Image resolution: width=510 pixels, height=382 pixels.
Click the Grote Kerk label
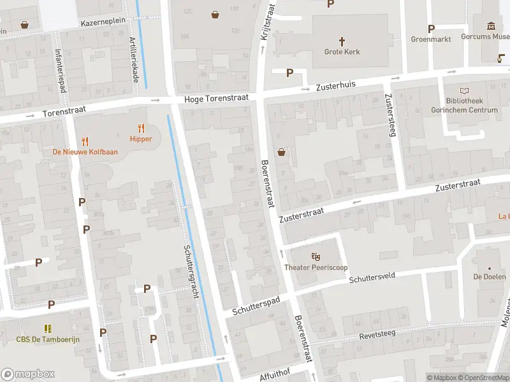[x=342, y=52]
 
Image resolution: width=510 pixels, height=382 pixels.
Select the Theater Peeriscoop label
[x=316, y=267]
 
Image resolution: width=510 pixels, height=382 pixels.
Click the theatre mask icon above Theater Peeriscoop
[x=316, y=257]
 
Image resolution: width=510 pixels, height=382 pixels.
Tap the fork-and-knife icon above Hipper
[x=141, y=128]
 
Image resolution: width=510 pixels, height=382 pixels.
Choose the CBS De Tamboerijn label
[x=48, y=339]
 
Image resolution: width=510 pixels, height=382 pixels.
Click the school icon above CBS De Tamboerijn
[x=48, y=329]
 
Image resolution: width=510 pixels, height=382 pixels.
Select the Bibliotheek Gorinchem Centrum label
[x=472, y=106]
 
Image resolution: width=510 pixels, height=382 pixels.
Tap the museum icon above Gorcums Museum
[x=491, y=26]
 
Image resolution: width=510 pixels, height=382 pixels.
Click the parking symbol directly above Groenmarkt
[x=431, y=29]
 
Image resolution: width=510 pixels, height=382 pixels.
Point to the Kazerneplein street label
[x=103, y=22]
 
